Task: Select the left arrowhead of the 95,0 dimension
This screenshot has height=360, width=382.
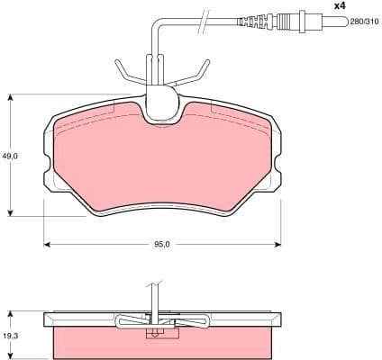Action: [x=48, y=244]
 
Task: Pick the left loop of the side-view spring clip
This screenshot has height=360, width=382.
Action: [x=124, y=319]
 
